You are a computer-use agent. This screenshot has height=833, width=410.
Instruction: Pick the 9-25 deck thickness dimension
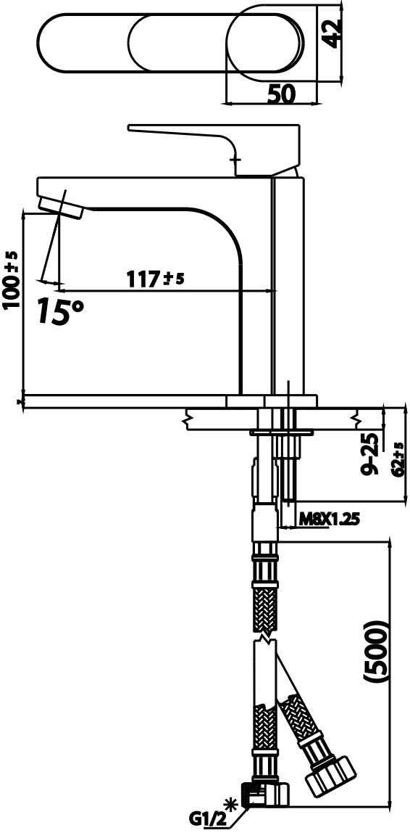click(369, 454)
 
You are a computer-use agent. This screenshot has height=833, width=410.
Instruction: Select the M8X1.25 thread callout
click(330, 518)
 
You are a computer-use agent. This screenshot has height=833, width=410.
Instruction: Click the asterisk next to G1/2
click(232, 803)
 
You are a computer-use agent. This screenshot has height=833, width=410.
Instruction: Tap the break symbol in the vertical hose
click(265, 641)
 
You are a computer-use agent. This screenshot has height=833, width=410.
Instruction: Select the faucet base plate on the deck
click(272, 401)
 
